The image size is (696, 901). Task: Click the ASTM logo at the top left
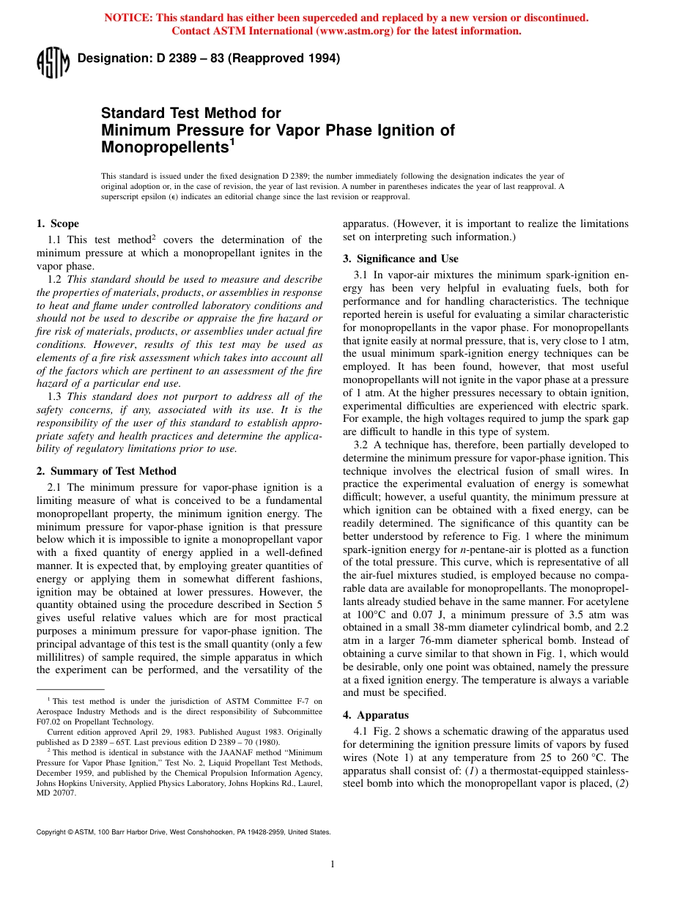pos(52,62)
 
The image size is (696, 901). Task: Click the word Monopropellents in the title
pos(163,147)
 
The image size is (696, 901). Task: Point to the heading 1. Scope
pos(58,223)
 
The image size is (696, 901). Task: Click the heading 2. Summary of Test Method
pos(106,471)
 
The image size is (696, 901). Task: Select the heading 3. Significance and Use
pos(401,259)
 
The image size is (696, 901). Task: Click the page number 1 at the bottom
pos(333,864)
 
